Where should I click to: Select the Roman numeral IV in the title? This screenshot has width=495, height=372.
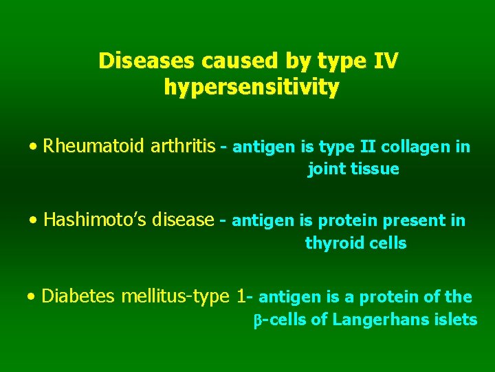[385, 61]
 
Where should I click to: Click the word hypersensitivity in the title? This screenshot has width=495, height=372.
[252, 88]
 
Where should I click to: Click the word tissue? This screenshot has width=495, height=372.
[374, 169]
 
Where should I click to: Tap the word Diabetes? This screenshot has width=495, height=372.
[78, 296]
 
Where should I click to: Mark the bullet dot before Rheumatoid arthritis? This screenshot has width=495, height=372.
[34, 147]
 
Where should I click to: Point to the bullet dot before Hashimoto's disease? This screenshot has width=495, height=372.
[34, 221]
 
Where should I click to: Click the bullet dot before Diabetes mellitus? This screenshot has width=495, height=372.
[32, 298]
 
